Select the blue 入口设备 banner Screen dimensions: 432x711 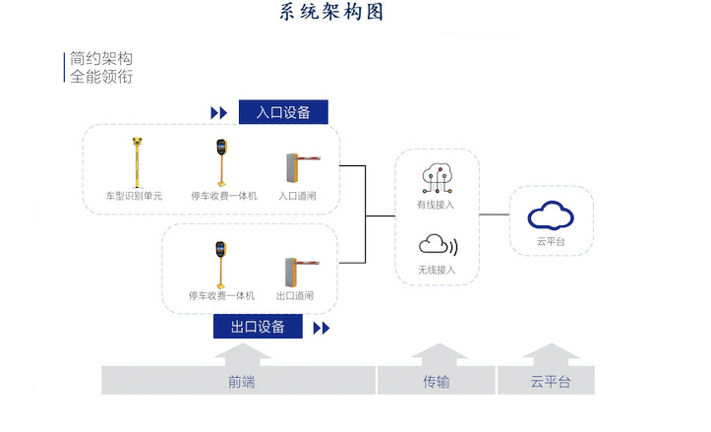click(x=283, y=112)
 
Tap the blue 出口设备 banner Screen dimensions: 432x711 click(x=258, y=327)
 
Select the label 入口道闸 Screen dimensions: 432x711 click(x=296, y=196)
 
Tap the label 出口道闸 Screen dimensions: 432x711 click(x=294, y=295)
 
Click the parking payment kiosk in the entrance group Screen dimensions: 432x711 click(x=222, y=161)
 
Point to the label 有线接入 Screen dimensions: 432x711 click(x=436, y=206)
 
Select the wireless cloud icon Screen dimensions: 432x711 click(x=437, y=244)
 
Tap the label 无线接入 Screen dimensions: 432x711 click(x=436, y=269)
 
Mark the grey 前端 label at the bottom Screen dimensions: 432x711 click(x=241, y=382)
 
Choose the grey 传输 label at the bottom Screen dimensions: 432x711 click(x=437, y=382)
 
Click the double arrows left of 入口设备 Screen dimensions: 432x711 click(x=218, y=113)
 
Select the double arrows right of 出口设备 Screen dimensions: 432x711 click(x=322, y=328)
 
